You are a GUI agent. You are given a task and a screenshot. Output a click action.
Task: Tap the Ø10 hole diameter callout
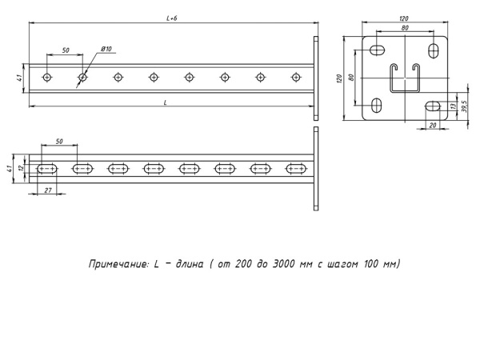pos(106,50)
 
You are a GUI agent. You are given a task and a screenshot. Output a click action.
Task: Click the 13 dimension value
pos(453,106)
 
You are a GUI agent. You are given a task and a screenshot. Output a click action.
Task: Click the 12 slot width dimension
pos(22,168)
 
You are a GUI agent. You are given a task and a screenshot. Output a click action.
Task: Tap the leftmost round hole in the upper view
pos(47,78)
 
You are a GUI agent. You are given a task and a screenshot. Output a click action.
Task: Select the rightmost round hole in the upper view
pos(297,78)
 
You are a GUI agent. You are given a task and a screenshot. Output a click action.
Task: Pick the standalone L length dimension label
pos(165,102)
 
